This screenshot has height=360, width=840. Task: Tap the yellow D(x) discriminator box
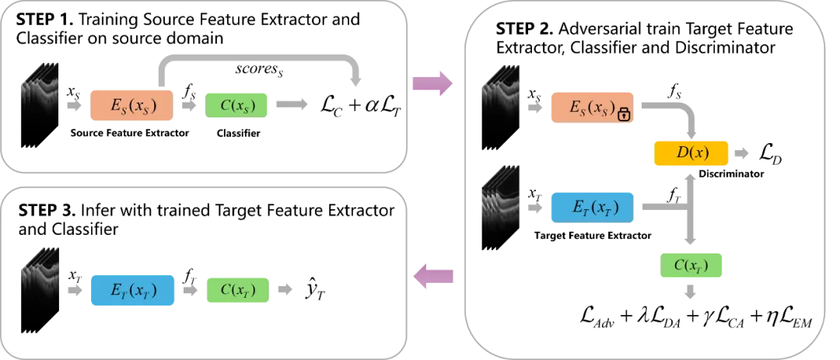click(691, 153)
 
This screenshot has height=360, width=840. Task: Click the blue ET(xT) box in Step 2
click(592, 208)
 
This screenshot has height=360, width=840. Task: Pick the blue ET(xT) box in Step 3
click(132, 290)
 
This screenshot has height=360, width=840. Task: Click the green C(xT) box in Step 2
click(691, 267)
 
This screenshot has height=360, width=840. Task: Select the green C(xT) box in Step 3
click(238, 290)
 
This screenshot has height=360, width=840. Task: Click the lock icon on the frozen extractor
click(624, 114)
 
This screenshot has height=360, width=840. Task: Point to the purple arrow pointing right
click(433, 83)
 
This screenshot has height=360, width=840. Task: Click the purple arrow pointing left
click(433, 277)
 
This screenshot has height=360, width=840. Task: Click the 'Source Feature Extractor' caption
click(130, 134)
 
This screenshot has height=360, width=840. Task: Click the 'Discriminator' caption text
click(731, 174)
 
